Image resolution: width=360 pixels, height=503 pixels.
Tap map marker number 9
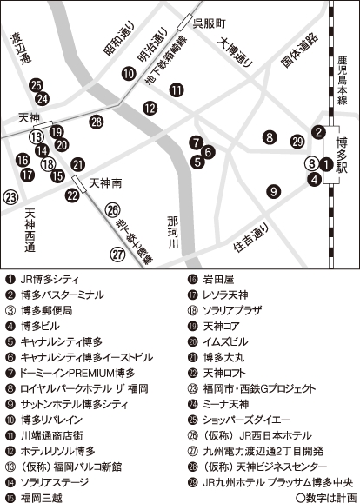point(274,192)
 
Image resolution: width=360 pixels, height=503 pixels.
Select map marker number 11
point(177,89)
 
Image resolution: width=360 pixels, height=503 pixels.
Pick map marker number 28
point(97,122)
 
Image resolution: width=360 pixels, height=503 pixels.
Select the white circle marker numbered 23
point(10,197)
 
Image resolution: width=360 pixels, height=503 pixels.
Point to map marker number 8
point(271,136)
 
